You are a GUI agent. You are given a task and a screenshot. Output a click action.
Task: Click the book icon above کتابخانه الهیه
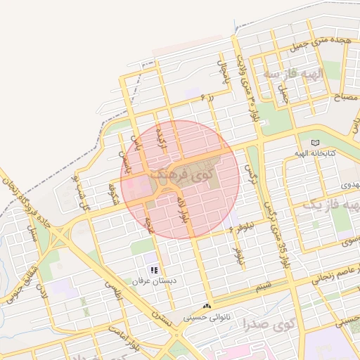point(314,143)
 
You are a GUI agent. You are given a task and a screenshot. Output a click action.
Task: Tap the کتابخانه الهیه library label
point(314,153)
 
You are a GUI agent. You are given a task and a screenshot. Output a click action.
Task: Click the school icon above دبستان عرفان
point(154,270)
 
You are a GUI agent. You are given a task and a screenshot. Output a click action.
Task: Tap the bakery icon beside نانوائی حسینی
point(207,307)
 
